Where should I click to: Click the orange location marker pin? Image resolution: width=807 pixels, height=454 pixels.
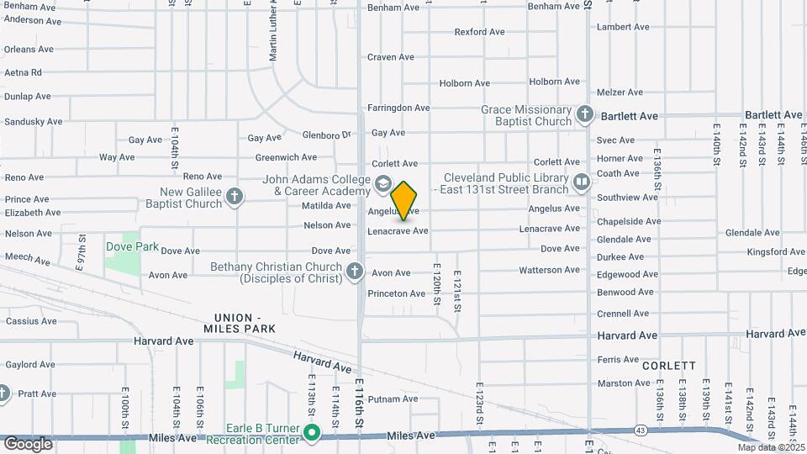click(x=404, y=200)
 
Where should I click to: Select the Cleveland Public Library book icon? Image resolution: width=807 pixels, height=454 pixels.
click(x=581, y=182)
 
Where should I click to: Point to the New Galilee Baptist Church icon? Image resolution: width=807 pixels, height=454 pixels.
click(x=235, y=197)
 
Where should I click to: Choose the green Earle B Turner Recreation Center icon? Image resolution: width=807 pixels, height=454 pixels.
click(x=313, y=434)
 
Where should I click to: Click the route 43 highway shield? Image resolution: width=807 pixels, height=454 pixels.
click(x=641, y=430)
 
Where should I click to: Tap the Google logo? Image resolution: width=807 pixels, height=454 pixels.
click(x=28, y=443)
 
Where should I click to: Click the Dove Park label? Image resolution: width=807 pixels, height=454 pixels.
click(x=132, y=246)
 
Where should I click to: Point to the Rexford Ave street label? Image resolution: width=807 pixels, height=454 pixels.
click(x=479, y=32)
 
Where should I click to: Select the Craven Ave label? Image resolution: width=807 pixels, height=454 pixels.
click(x=391, y=57)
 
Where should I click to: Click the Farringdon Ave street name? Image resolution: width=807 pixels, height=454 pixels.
click(x=398, y=108)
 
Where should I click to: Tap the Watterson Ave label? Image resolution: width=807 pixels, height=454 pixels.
click(x=550, y=270)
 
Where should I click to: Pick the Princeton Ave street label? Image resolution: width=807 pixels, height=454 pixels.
click(x=397, y=293)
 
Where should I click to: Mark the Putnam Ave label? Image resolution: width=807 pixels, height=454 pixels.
click(x=393, y=399)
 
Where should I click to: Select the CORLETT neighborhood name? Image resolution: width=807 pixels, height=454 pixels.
click(x=668, y=366)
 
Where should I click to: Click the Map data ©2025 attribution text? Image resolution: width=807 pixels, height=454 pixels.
click(x=770, y=447)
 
